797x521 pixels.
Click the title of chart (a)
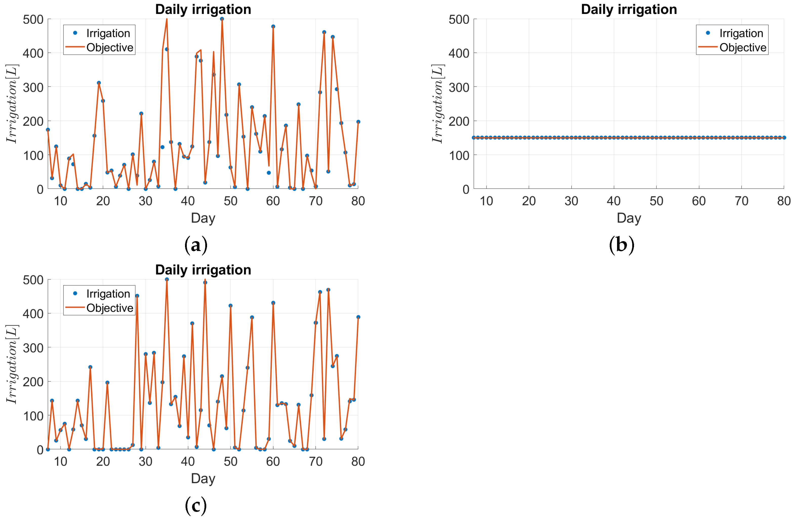tap(203, 9)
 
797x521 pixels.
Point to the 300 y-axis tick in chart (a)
tap(33, 87)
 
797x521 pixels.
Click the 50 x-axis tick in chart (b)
tap(656, 201)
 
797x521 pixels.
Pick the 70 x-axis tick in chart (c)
tap(315, 461)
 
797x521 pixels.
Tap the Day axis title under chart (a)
tap(203, 218)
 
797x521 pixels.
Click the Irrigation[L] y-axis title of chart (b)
tap(437, 104)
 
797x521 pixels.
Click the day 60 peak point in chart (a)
tap(273, 27)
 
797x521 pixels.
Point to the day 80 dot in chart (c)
tap(358, 317)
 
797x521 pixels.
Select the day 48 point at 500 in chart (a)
tap(222, 19)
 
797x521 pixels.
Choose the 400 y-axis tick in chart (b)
tap(459, 53)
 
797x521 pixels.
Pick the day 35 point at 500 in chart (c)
tap(167, 279)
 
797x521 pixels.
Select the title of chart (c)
tap(203, 270)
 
